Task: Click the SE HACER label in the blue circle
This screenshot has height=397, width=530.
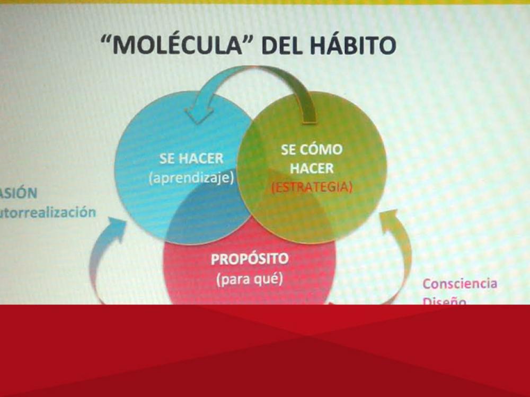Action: pyautogui.click(x=191, y=159)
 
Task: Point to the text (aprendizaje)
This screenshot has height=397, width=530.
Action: pyautogui.click(x=191, y=178)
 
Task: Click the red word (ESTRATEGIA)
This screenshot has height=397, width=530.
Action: pyautogui.click(x=312, y=187)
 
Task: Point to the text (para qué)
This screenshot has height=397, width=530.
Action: pyautogui.click(x=249, y=279)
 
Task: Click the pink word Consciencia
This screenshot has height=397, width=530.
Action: pyautogui.click(x=460, y=283)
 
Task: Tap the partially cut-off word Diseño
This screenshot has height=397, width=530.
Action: pyautogui.click(x=444, y=301)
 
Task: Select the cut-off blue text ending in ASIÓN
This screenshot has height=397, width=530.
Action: pyautogui.click(x=19, y=192)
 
